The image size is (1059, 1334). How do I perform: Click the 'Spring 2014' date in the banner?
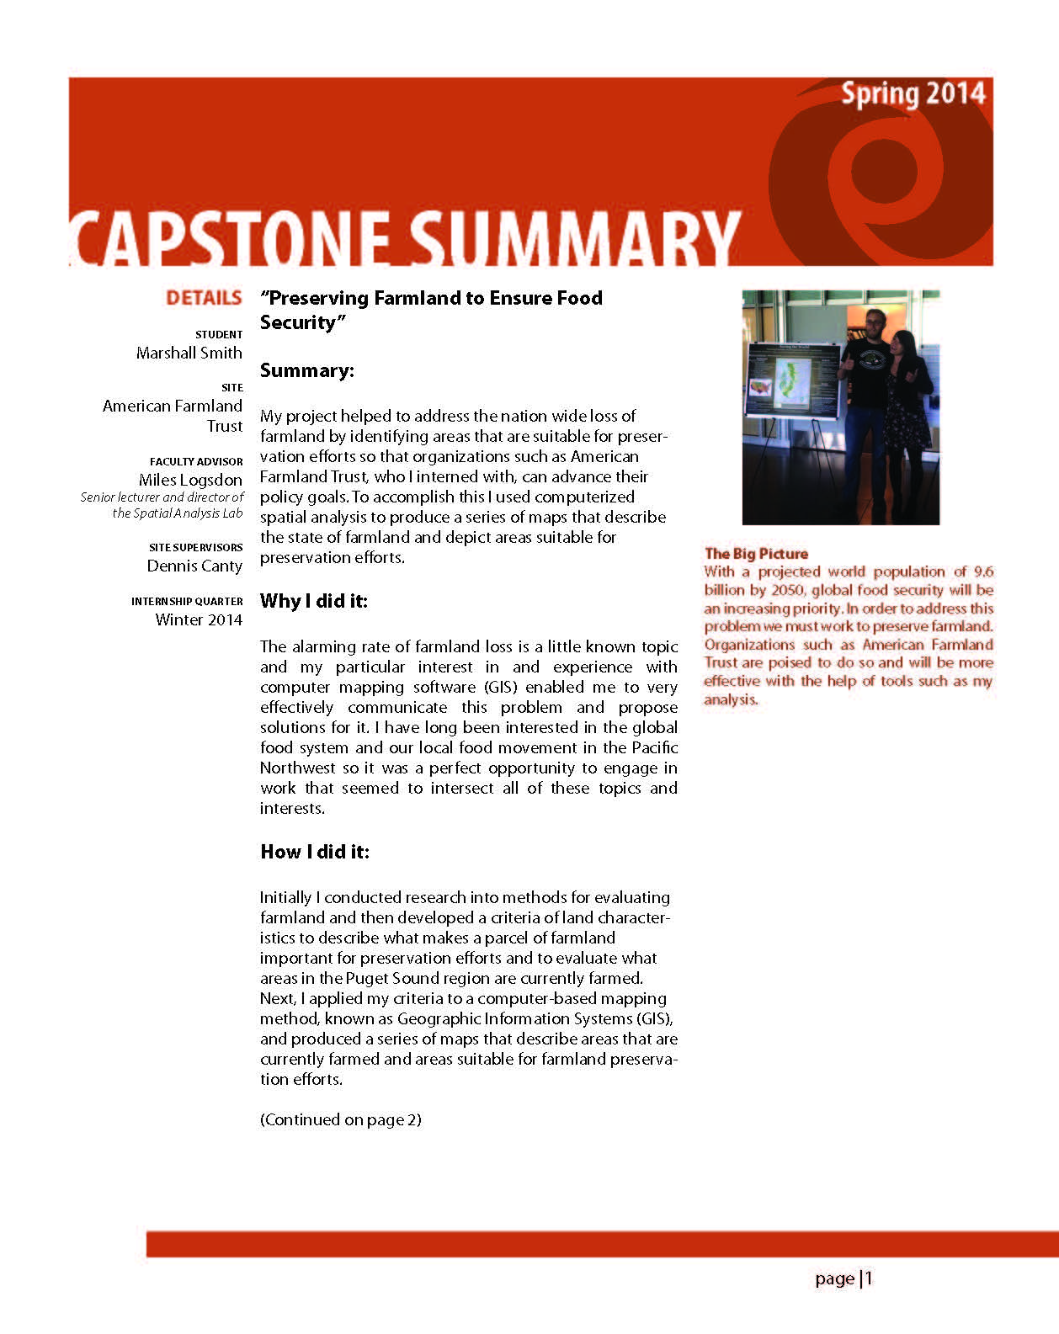coord(913,93)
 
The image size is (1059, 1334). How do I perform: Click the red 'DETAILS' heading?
coord(204,298)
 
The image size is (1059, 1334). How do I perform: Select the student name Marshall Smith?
coord(189,353)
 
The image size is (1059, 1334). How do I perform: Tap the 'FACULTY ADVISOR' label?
coord(196,461)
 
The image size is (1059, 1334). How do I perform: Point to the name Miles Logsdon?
coord(190,480)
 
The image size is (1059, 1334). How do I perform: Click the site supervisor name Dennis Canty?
coord(194,566)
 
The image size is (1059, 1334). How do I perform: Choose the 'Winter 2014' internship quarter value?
coord(199,619)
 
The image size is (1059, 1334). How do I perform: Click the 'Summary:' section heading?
coord(307,370)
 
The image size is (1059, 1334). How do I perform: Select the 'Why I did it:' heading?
coord(314,601)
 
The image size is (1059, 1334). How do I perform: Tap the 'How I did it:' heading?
coord(315,852)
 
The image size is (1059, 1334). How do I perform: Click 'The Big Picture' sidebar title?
coord(756,553)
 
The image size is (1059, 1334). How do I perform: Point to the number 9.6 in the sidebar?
coord(983,571)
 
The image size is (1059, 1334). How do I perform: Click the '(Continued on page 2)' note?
coord(341,1119)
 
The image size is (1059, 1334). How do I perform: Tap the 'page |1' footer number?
coord(843,1278)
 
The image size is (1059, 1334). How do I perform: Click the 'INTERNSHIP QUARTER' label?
coord(187,601)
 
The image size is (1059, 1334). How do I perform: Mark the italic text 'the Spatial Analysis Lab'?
coord(178,513)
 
